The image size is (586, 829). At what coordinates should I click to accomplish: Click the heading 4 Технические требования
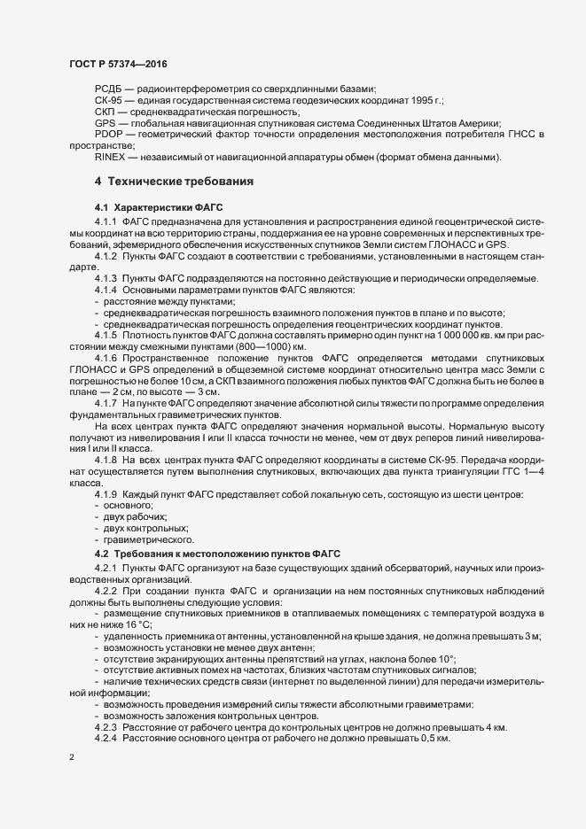pyautogui.click(x=175, y=182)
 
